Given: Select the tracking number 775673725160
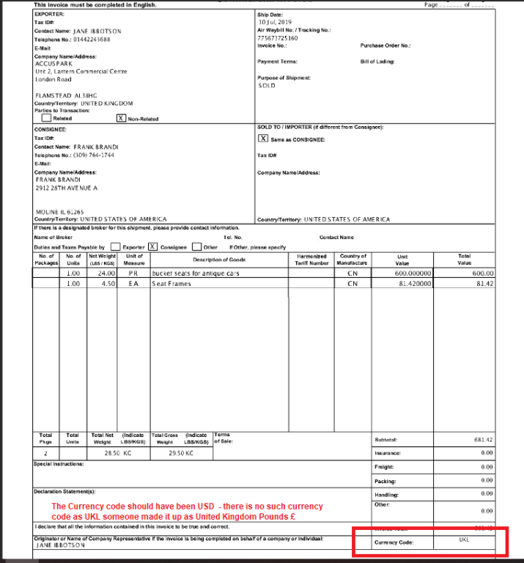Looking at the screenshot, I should point(278,37).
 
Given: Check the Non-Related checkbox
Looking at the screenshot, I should point(121,117).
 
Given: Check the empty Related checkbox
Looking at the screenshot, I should point(46,117).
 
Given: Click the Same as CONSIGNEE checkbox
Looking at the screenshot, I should point(263,138).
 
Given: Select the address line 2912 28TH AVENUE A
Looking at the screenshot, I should point(67,188).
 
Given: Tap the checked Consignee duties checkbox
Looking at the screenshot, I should point(153,247).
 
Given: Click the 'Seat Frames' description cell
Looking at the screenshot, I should point(171,283).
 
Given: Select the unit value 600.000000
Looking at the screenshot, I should point(414,273).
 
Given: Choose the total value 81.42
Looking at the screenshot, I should point(485,283).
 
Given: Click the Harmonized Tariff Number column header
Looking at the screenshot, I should point(312,260).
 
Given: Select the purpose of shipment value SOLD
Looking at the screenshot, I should point(267,86).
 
